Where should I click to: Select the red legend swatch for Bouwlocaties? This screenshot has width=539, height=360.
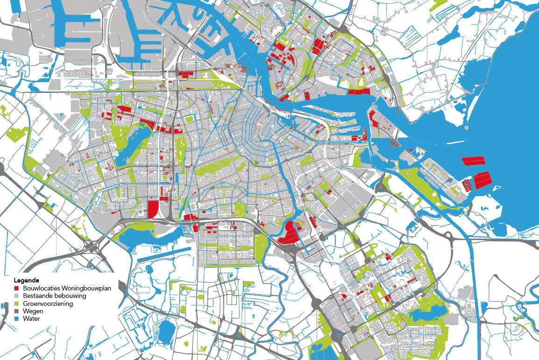(15, 289)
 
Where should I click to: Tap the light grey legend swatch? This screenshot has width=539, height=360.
(15, 296)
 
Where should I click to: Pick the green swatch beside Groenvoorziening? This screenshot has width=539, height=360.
(15, 304)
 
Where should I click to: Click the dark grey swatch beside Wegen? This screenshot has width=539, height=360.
(15, 311)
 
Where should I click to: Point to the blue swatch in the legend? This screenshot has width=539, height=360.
(15, 318)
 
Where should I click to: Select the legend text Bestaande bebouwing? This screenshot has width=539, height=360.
(54, 296)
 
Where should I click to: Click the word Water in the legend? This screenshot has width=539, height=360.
(31, 318)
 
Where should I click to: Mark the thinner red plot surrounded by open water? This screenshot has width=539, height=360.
(473, 161)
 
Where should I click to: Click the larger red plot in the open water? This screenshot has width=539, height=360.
(482, 179)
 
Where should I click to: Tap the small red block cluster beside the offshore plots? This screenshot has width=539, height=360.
(468, 185)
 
